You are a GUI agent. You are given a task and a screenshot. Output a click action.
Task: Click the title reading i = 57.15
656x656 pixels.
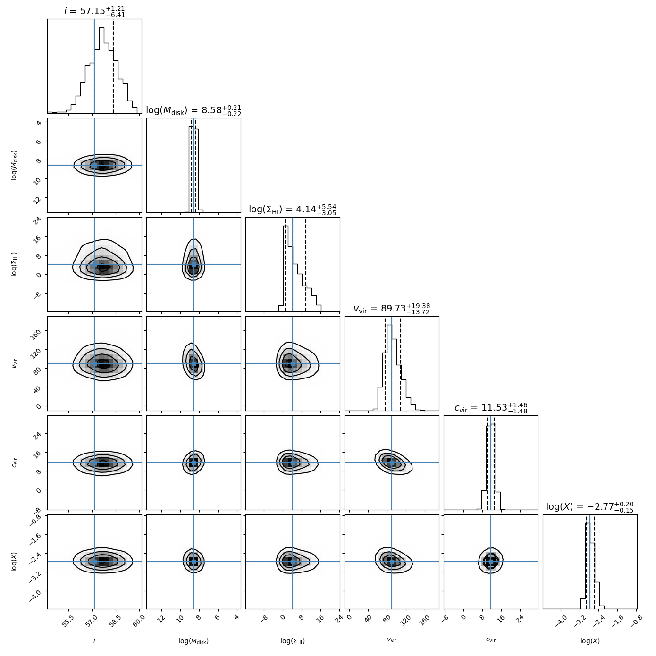(94, 11)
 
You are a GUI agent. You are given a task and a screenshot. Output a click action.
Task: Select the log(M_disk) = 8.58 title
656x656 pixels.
(193, 110)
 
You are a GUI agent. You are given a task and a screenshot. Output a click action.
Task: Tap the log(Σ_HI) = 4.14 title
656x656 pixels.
(293, 210)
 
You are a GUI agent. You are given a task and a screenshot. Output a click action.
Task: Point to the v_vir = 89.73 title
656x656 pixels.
(392, 309)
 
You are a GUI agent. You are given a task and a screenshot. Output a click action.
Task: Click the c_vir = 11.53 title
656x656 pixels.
(491, 408)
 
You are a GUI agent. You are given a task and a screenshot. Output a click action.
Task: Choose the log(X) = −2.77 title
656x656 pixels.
(590, 507)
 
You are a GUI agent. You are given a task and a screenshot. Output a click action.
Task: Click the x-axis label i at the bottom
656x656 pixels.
(94, 640)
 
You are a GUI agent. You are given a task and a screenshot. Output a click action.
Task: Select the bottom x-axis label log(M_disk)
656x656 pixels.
(193, 641)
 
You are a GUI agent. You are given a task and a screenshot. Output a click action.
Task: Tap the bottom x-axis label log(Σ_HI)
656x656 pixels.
(293, 641)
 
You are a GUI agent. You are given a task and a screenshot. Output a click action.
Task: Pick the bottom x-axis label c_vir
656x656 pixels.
(491, 640)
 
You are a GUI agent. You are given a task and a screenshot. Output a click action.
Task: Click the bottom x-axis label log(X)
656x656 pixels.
(590, 641)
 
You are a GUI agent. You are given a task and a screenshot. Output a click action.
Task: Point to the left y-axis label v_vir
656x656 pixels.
(15, 363)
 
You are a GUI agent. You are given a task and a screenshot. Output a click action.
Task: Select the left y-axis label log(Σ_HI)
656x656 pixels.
(15, 264)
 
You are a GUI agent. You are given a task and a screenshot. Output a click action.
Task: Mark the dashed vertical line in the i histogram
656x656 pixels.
(113, 66)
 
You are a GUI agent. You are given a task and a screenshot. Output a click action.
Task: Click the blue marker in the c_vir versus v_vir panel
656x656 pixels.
(392, 463)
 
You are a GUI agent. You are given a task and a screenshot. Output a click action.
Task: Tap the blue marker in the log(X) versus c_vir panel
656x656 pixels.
(491, 562)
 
